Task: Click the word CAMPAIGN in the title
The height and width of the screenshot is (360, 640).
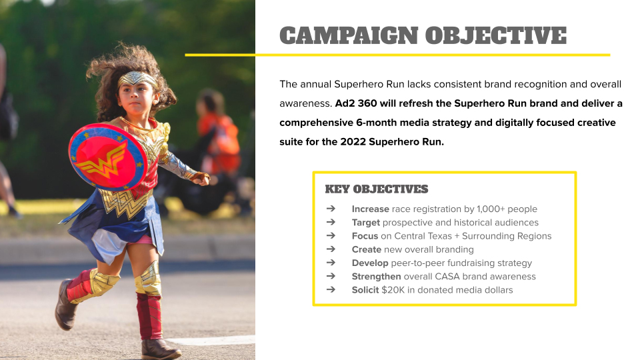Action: (349, 35)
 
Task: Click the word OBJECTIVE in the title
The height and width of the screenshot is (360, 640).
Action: (496, 35)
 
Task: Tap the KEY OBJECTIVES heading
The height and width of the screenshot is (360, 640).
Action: (376, 189)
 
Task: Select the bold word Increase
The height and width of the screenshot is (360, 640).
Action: (370, 209)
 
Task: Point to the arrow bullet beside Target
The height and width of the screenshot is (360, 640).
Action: (331, 222)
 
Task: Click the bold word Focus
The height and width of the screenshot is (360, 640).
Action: (365, 236)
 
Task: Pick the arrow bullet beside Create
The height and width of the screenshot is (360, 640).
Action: (331, 249)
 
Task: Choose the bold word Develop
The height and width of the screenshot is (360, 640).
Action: (370, 263)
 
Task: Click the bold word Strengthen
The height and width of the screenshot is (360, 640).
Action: (376, 276)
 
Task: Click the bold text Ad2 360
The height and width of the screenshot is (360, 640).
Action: (356, 103)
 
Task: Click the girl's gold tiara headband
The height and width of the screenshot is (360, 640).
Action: (137, 79)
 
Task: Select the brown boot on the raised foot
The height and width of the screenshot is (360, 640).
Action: (65, 305)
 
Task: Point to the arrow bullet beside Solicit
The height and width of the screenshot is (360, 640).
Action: (331, 289)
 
